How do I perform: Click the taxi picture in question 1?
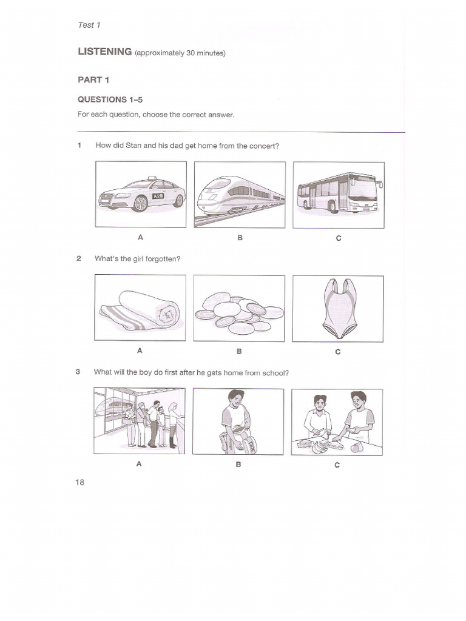click(x=141, y=194)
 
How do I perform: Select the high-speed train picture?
click(x=240, y=195)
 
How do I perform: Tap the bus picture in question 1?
click(x=339, y=195)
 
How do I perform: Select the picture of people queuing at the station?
click(x=141, y=421)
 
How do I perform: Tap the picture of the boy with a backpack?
click(x=238, y=421)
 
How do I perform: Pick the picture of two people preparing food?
click(x=337, y=421)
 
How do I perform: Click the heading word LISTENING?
click(x=104, y=52)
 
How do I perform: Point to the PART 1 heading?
click(x=93, y=79)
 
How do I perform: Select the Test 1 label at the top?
click(x=89, y=25)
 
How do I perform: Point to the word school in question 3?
click(x=274, y=372)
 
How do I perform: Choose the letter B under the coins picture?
click(x=240, y=351)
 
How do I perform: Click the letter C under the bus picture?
click(x=339, y=238)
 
